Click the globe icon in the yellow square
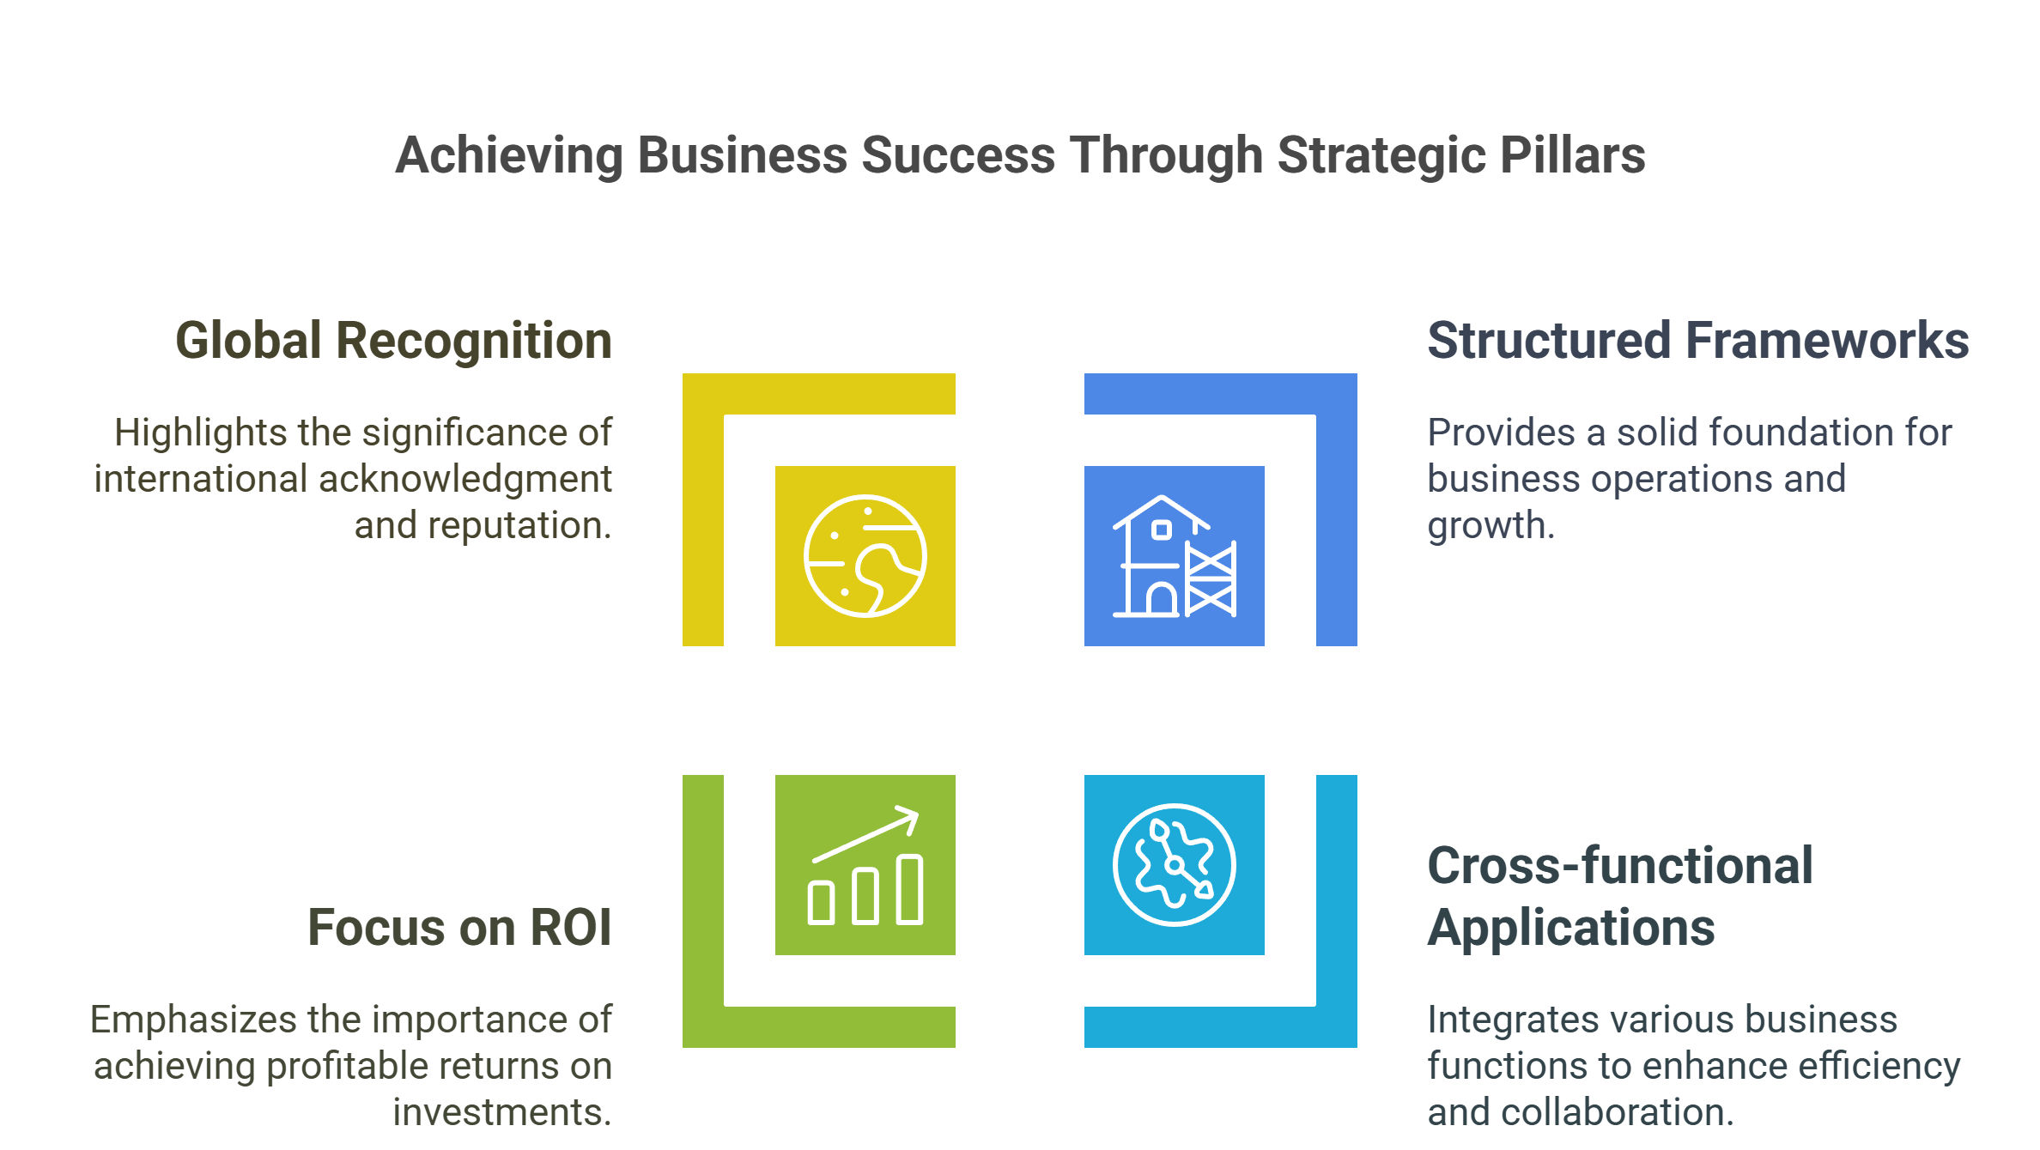(865, 556)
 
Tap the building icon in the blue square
(1175, 556)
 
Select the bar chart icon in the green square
(865, 865)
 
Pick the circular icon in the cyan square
(1175, 865)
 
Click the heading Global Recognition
(394, 341)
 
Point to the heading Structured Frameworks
(1698, 341)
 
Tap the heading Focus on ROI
(460, 928)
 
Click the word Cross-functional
(1620, 865)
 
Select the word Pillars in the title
(1573, 155)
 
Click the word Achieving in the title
(509, 155)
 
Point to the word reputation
(519, 525)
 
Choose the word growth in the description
(1491, 525)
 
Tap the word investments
(502, 1112)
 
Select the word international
(200, 479)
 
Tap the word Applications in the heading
(1571, 929)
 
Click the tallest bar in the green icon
(909, 889)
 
